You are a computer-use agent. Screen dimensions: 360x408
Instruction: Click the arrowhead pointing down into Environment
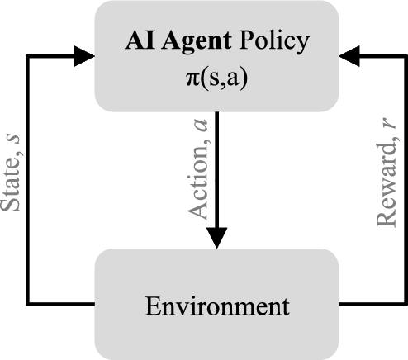216,237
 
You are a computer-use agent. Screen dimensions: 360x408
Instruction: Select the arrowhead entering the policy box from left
83,56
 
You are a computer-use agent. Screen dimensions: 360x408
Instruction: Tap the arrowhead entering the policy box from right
350,56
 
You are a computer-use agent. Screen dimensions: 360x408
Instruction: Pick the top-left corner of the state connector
28,56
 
